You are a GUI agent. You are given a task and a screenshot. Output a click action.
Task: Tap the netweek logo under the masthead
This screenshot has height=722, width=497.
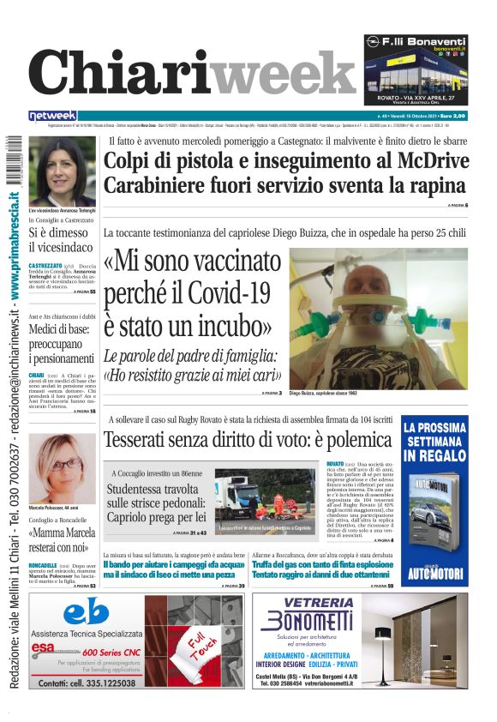(53, 115)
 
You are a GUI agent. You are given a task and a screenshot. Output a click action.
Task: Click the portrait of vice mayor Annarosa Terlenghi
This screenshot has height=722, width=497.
(62, 171)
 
